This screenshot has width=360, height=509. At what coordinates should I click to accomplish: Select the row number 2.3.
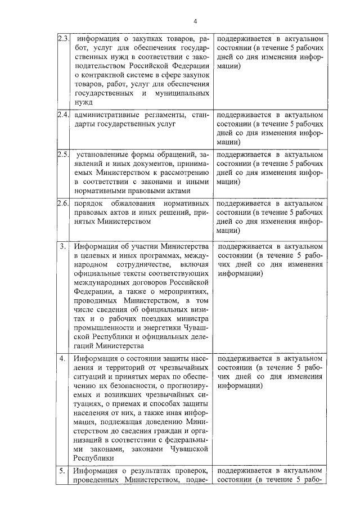click(x=63, y=39)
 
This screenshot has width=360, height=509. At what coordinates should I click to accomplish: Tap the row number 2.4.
click(x=63, y=116)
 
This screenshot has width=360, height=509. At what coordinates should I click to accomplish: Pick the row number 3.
click(x=62, y=246)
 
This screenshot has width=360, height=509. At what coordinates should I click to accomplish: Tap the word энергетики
click(x=155, y=327)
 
